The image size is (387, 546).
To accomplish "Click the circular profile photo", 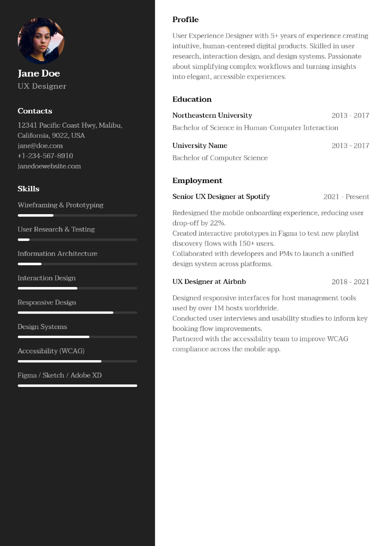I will tap(41, 41).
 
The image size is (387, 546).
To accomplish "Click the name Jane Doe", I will tap(39, 73).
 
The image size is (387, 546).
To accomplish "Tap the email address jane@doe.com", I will tap(40, 146).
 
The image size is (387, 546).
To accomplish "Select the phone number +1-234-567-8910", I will tap(45, 156).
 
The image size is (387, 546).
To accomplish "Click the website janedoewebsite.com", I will tap(49, 166).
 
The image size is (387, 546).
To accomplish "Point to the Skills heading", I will tap(28, 189).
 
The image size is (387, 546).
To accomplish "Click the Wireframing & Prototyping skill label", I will tap(60, 205).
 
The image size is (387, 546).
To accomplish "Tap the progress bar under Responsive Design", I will tap(77, 313).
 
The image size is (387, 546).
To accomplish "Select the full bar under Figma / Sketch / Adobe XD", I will tap(77, 386).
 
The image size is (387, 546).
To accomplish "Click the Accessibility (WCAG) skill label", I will tap(51, 351).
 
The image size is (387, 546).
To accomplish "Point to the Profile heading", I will tap(186, 20).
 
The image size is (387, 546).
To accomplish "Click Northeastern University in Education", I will tap(212, 115).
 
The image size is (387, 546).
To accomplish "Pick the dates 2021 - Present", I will tap(346, 197).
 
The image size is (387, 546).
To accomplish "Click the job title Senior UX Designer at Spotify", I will tap(221, 196).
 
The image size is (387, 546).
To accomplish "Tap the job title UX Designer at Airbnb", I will tap(209, 281).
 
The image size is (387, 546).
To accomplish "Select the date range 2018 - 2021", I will tap(350, 282).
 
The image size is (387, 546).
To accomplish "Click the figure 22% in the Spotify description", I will tap(217, 223).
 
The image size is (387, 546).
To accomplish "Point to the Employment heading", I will tap(197, 181).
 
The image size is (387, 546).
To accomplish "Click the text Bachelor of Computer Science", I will tap(220, 158).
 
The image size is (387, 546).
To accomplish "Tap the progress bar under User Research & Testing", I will tap(77, 240).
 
